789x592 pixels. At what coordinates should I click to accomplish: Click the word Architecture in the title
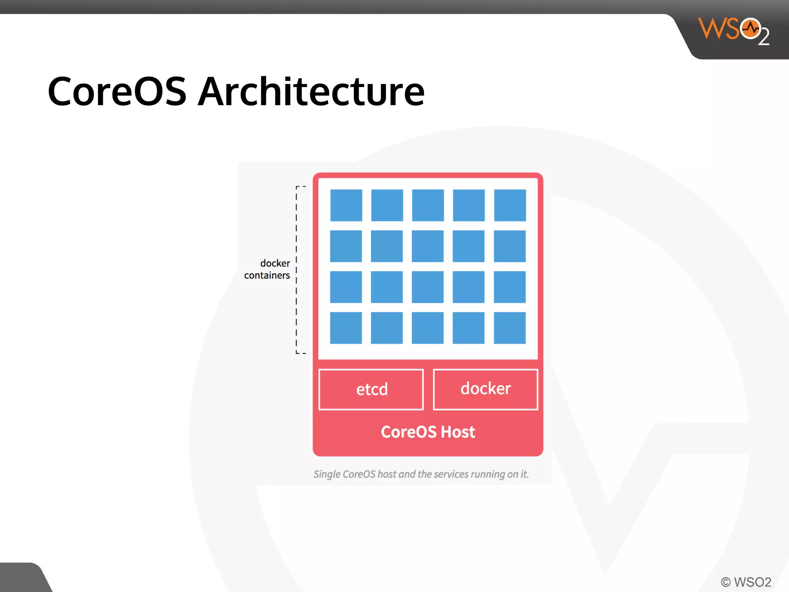click(311, 92)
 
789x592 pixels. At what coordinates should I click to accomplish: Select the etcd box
click(371, 389)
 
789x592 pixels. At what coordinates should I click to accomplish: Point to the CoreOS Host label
click(428, 432)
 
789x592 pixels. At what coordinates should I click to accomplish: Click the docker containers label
click(267, 269)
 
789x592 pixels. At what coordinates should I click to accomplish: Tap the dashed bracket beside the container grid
click(297, 270)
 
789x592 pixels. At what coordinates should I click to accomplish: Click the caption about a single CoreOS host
click(421, 474)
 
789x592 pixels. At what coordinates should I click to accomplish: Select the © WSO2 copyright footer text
click(746, 582)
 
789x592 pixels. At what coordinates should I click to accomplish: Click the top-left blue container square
click(346, 205)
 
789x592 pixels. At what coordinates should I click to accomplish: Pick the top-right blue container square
click(510, 205)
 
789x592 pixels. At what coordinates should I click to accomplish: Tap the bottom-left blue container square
click(346, 328)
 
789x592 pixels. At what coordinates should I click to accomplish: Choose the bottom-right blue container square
click(510, 328)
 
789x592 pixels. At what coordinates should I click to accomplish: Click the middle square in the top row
click(428, 205)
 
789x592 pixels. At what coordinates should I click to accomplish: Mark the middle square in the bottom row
click(428, 328)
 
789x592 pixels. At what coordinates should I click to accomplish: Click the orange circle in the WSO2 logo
click(750, 29)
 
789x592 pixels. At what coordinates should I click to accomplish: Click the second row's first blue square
click(346, 246)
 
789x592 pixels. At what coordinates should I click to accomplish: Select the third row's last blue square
click(510, 287)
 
